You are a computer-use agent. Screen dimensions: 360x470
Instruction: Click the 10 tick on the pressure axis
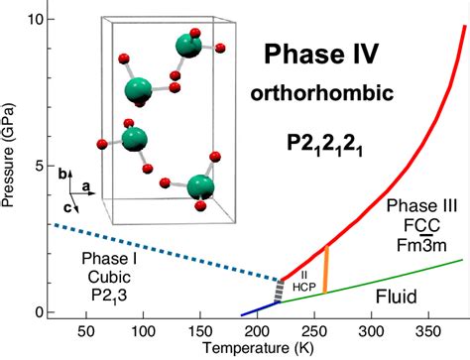(35, 20)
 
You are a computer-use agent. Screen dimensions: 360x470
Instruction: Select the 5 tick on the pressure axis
(38, 166)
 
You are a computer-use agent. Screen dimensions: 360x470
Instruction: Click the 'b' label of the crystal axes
(62, 173)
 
